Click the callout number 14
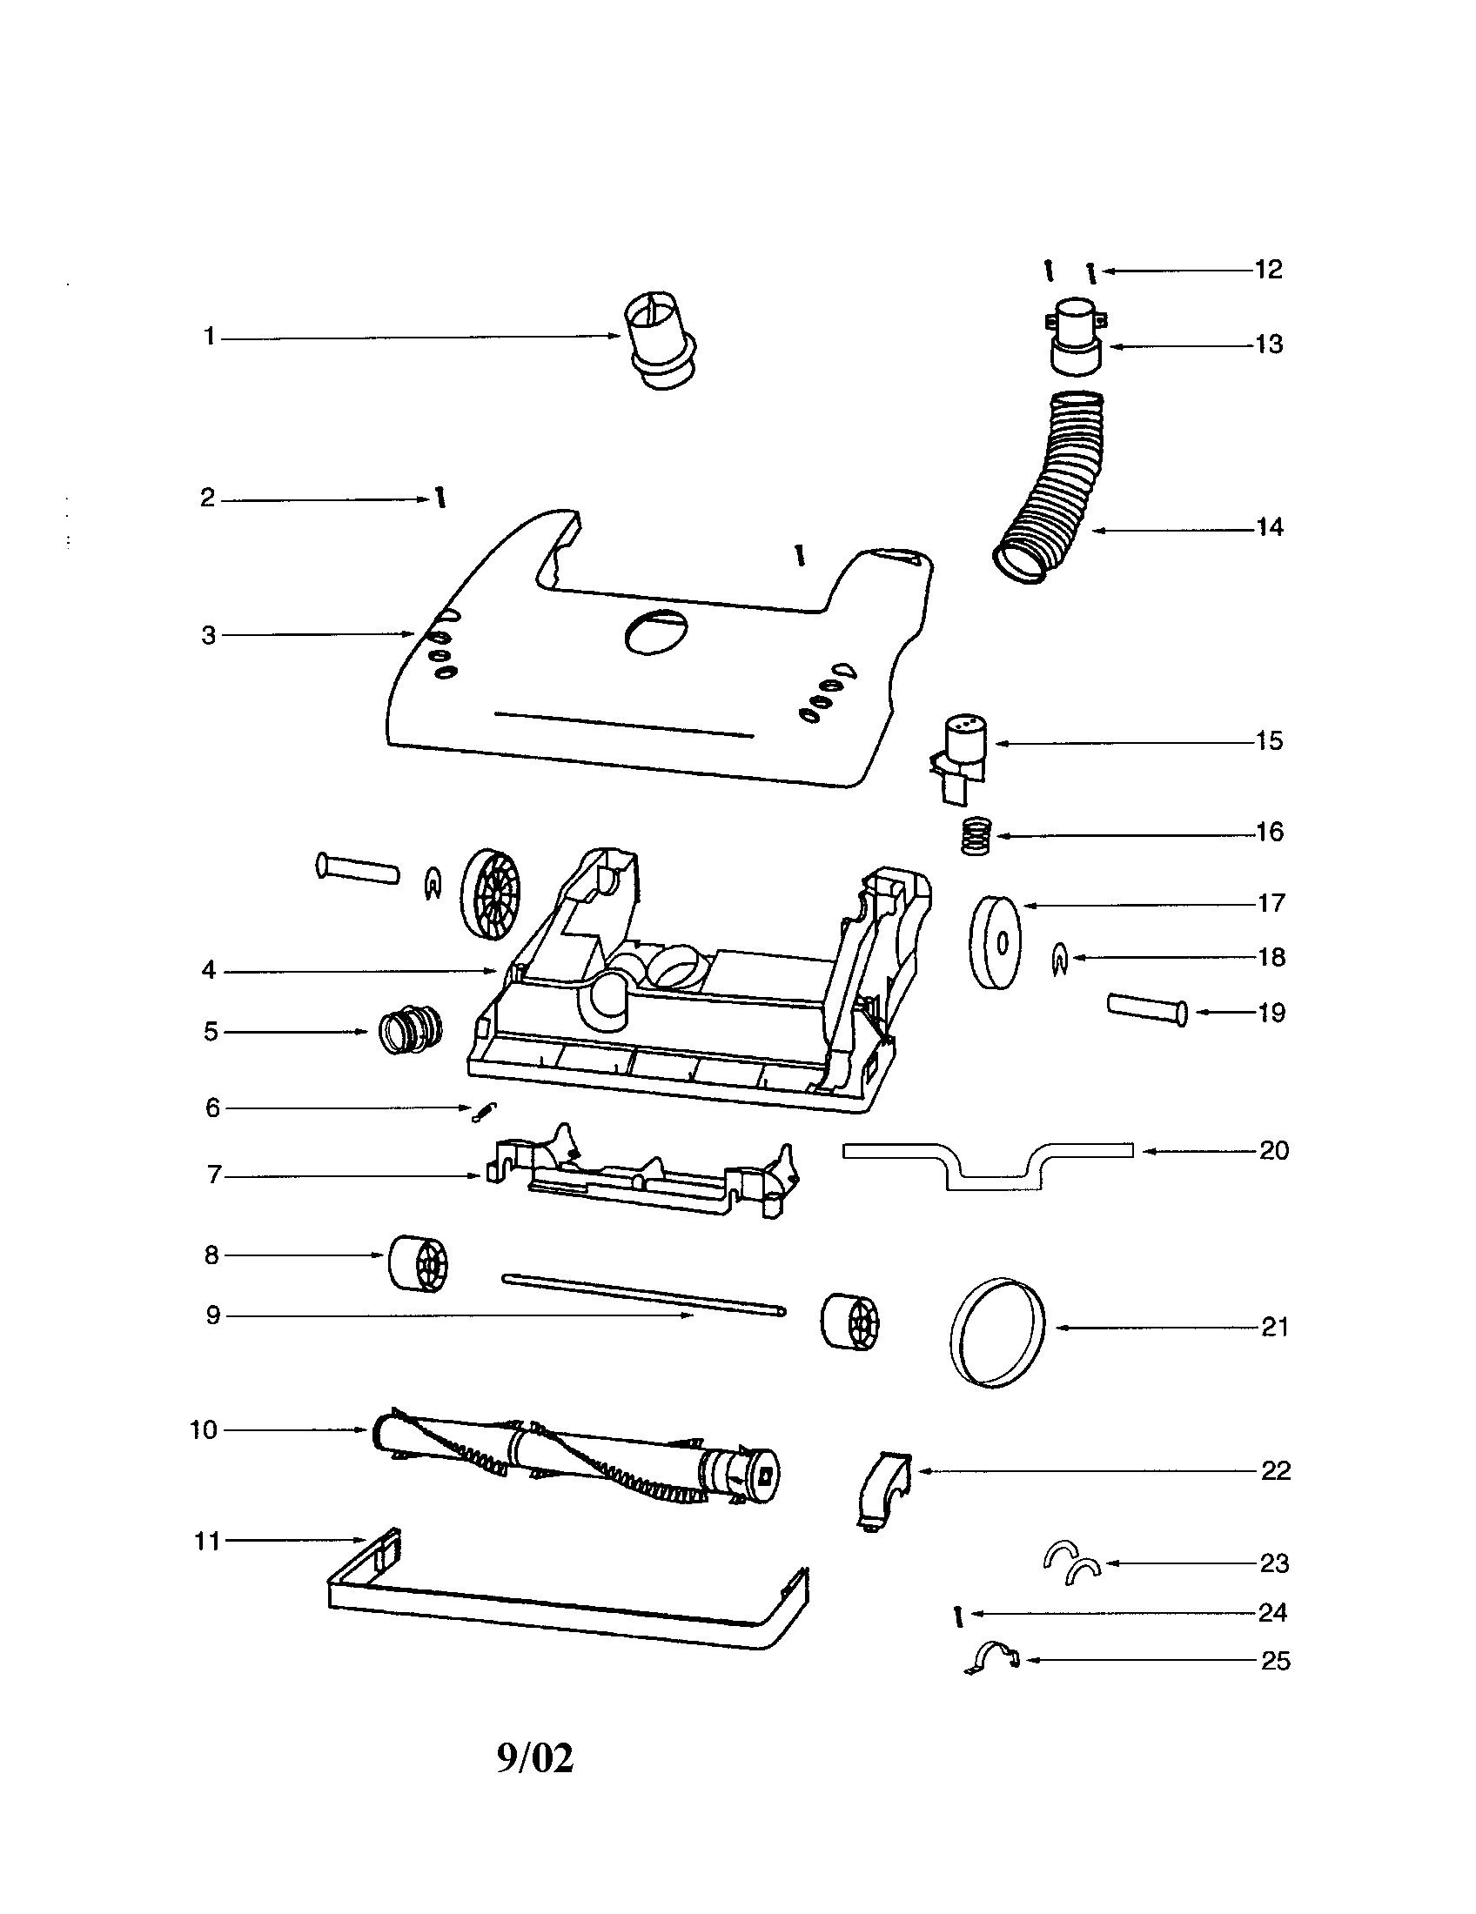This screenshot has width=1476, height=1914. tap(1269, 526)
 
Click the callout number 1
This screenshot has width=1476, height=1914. tap(210, 336)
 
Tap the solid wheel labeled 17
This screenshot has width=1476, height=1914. tap(996, 942)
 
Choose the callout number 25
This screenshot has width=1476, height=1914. tap(1275, 1661)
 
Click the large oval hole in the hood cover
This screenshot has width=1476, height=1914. tap(655, 631)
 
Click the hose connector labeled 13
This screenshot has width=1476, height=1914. tap(1076, 336)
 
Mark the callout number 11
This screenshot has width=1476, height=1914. tap(207, 1541)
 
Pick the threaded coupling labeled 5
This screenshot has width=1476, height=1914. tap(410, 1031)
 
